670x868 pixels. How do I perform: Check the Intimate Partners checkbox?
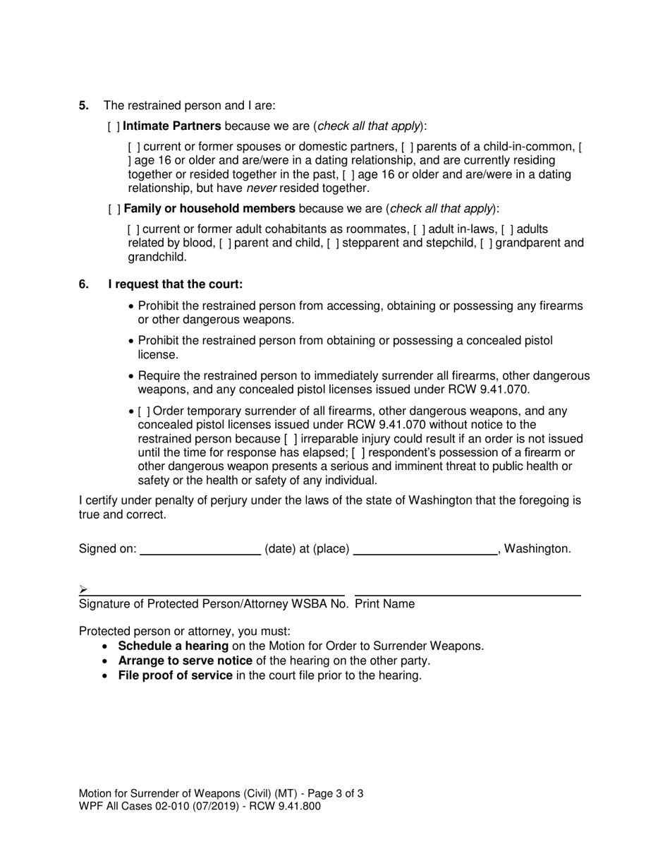pyautogui.click(x=114, y=127)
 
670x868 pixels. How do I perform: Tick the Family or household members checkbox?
pyautogui.click(x=114, y=209)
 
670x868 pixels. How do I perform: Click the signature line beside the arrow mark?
pyautogui.click(x=215, y=591)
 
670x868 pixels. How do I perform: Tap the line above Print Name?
pyautogui.click(x=467, y=591)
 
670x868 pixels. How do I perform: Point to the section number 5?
pyautogui.click(x=84, y=106)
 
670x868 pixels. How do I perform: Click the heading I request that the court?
pyautogui.click(x=175, y=284)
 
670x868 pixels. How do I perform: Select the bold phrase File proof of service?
pyautogui.click(x=175, y=675)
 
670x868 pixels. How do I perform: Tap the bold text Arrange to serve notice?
pyautogui.click(x=185, y=661)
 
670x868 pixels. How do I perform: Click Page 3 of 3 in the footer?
pyautogui.click(x=331, y=794)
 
